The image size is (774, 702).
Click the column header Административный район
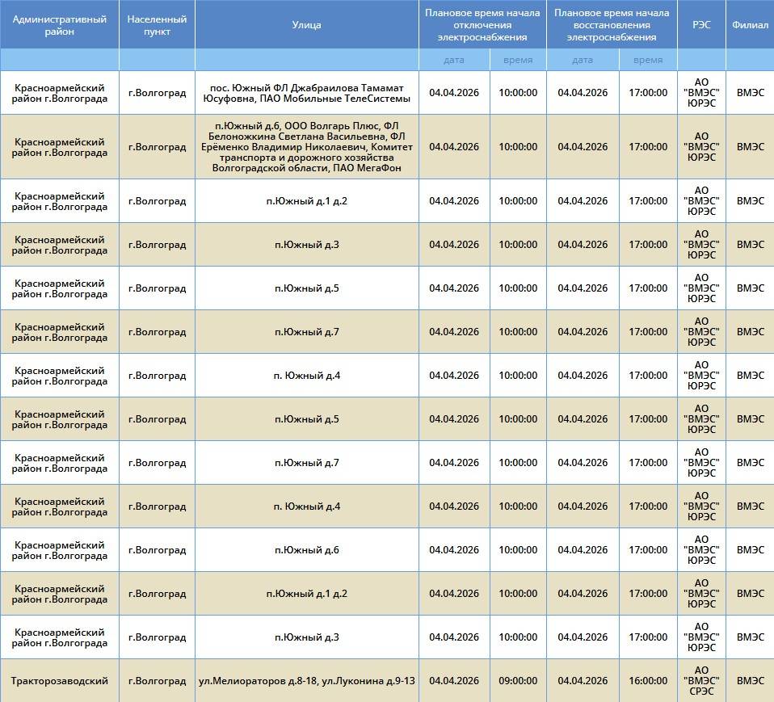(60, 25)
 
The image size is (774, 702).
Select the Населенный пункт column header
(157, 25)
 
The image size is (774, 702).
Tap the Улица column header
(306, 25)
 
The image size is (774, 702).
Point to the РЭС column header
(701, 25)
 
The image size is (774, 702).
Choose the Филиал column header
(749, 25)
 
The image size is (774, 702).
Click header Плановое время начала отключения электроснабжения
(482, 25)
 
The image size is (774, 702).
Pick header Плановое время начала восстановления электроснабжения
(612, 25)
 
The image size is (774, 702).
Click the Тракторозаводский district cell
(60, 681)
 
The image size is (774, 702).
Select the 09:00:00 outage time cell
(518, 681)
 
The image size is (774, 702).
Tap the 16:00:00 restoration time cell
(648, 681)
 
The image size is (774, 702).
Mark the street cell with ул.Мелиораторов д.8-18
(306, 681)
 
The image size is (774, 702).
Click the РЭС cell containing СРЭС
(701, 681)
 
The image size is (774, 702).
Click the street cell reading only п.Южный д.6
(306, 550)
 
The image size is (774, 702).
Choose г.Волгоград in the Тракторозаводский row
(157, 681)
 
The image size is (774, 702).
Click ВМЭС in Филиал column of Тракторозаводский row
(749, 681)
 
